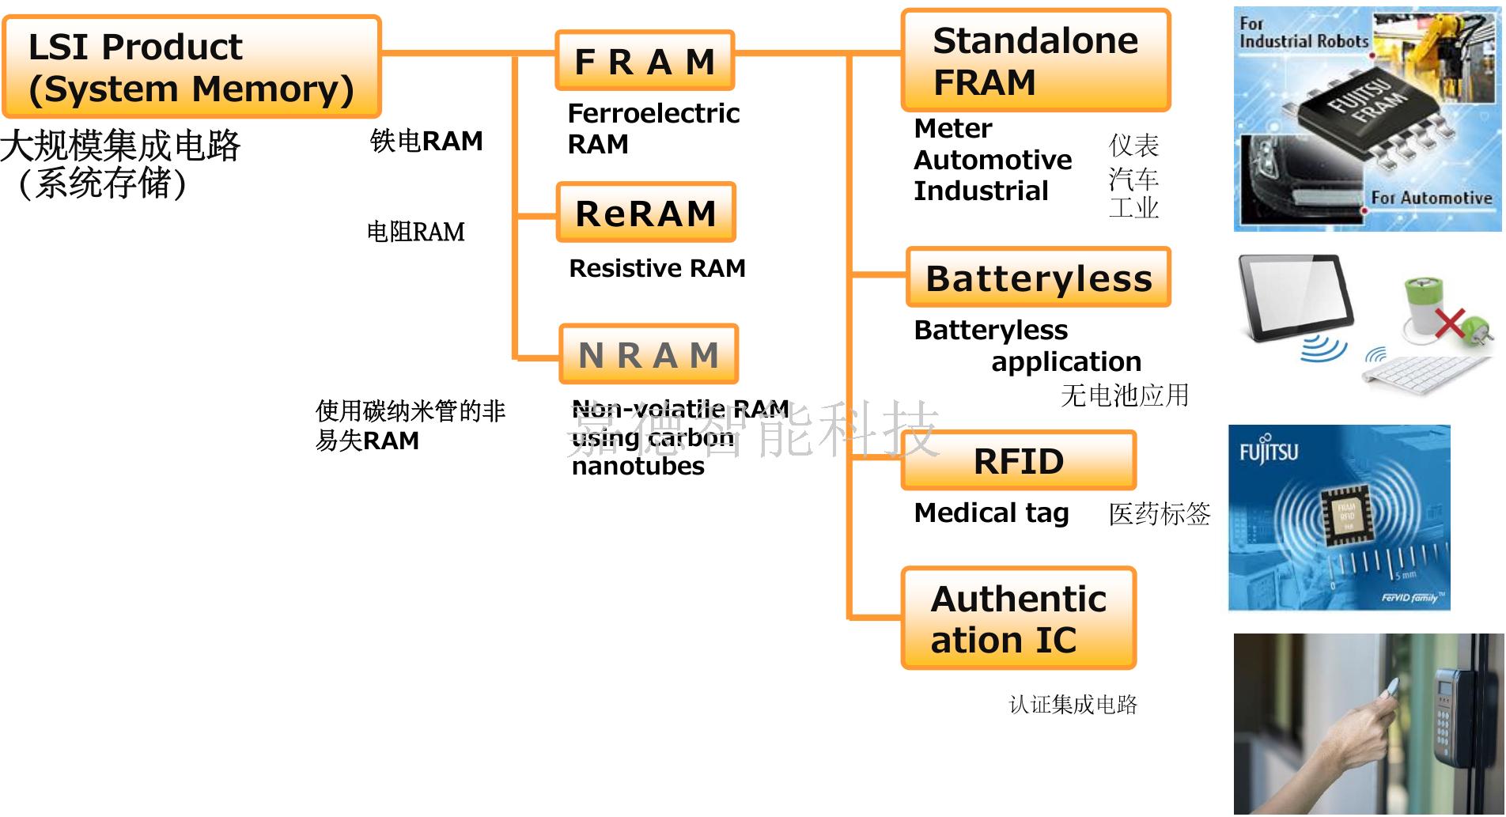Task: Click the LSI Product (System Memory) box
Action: click(x=191, y=67)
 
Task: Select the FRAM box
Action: click(x=645, y=61)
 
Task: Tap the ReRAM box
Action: click(x=645, y=213)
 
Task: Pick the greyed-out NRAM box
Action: click(x=648, y=354)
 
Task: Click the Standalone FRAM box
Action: click(x=1035, y=61)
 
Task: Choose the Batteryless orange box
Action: click(x=1038, y=278)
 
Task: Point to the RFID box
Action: click(x=1018, y=461)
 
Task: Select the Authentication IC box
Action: click(x=1018, y=618)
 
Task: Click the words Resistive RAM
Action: click(x=657, y=269)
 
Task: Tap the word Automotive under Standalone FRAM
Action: click(x=992, y=160)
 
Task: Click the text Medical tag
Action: click(x=990, y=513)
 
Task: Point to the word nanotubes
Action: click(x=638, y=467)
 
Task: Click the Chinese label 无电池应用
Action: click(x=1124, y=395)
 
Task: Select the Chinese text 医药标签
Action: click(x=1159, y=514)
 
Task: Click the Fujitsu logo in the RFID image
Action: click(x=1268, y=451)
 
